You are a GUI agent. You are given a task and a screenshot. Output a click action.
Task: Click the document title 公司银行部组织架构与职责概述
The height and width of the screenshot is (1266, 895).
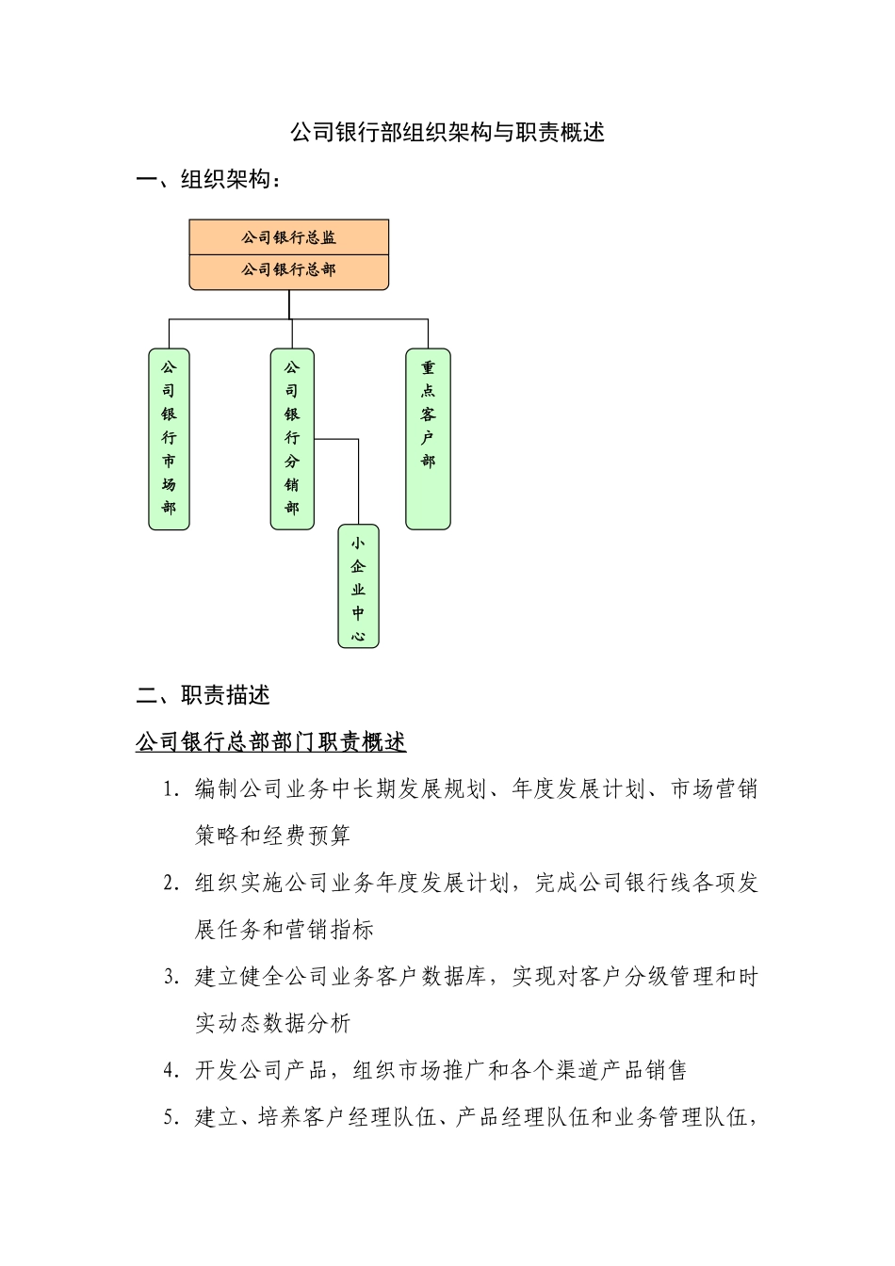pyautogui.click(x=447, y=133)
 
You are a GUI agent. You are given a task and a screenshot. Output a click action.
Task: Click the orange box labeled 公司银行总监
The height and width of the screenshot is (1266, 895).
pyautogui.click(x=288, y=237)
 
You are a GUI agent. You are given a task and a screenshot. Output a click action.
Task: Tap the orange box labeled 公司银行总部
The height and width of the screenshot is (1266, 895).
pyautogui.click(x=288, y=270)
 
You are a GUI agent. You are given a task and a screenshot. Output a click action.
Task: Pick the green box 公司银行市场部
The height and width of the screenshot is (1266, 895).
pyautogui.click(x=169, y=439)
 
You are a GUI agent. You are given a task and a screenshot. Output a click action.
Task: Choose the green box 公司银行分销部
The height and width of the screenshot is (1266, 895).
pyautogui.click(x=292, y=439)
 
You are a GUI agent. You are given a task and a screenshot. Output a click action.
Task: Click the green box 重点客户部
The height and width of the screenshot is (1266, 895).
pyautogui.click(x=428, y=439)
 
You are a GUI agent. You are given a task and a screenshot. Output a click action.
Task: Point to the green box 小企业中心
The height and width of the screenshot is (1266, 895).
pyautogui.click(x=358, y=586)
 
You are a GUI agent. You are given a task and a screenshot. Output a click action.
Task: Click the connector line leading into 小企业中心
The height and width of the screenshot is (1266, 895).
pyautogui.click(x=359, y=480)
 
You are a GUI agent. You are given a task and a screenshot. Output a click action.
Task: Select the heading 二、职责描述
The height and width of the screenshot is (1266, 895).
pyautogui.click(x=203, y=696)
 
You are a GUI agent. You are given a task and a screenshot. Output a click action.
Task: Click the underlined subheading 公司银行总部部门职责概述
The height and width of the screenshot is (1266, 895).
pyautogui.click(x=271, y=742)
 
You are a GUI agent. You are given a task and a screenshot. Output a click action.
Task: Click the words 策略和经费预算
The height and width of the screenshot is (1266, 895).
pyautogui.click(x=272, y=836)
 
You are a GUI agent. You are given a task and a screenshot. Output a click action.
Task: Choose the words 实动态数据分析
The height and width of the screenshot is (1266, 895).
pyautogui.click(x=272, y=1024)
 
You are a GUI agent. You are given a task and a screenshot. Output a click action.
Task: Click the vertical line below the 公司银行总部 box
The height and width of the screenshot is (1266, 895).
pyautogui.click(x=289, y=304)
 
